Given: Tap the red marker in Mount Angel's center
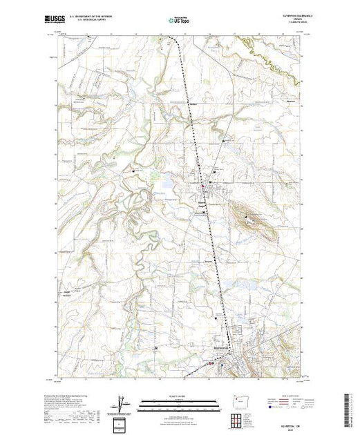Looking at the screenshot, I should (x=201, y=186).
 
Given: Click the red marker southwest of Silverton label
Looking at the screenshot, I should (x=212, y=360).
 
